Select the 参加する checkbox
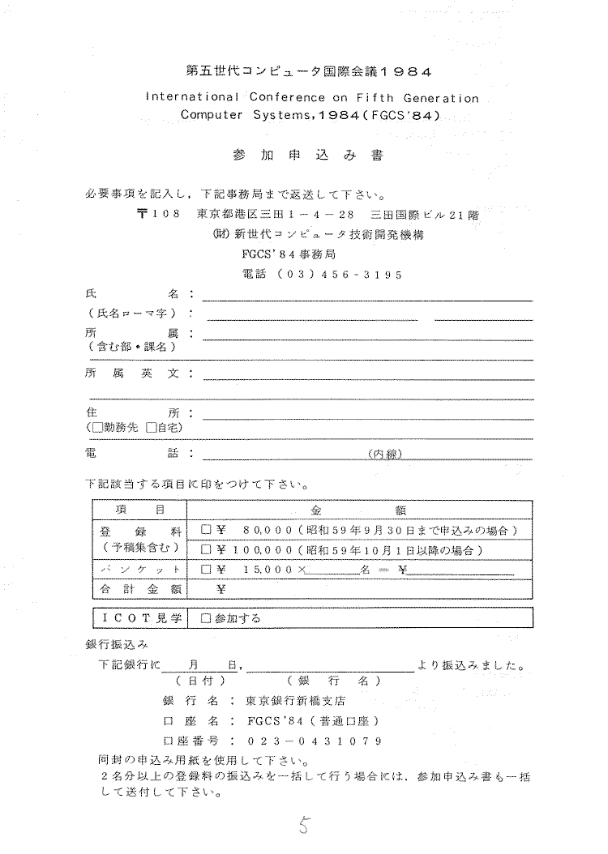click(x=206, y=618)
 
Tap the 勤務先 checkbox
click(x=97, y=427)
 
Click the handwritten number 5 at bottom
click(x=303, y=826)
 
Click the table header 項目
click(x=140, y=510)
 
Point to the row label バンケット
click(x=139, y=570)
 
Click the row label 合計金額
click(x=139, y=590)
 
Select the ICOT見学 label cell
click(x=139, y=618)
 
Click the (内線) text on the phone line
click(x=385, y=454)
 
